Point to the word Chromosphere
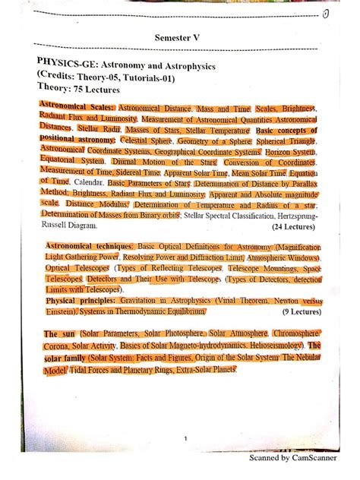coord(299,333)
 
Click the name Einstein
coord(58,311)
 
